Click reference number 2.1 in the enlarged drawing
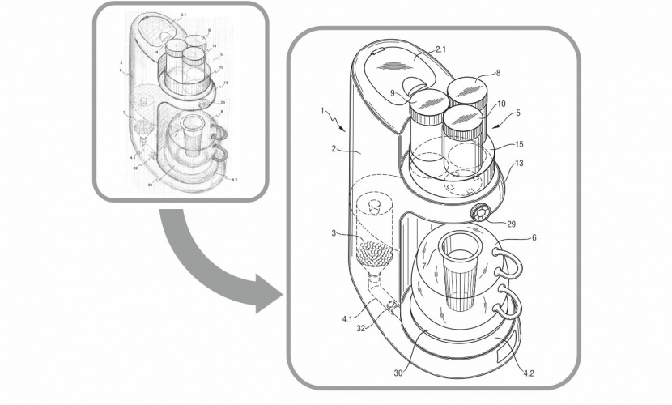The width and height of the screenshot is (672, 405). (x=441, y=50)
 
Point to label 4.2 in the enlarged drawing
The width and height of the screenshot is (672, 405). (x=529, y=374)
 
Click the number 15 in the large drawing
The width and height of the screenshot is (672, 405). (x=519, y=144)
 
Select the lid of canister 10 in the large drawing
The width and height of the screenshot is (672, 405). (x=464, y=117)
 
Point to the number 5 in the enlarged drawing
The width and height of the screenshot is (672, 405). (x=519, y=114)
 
